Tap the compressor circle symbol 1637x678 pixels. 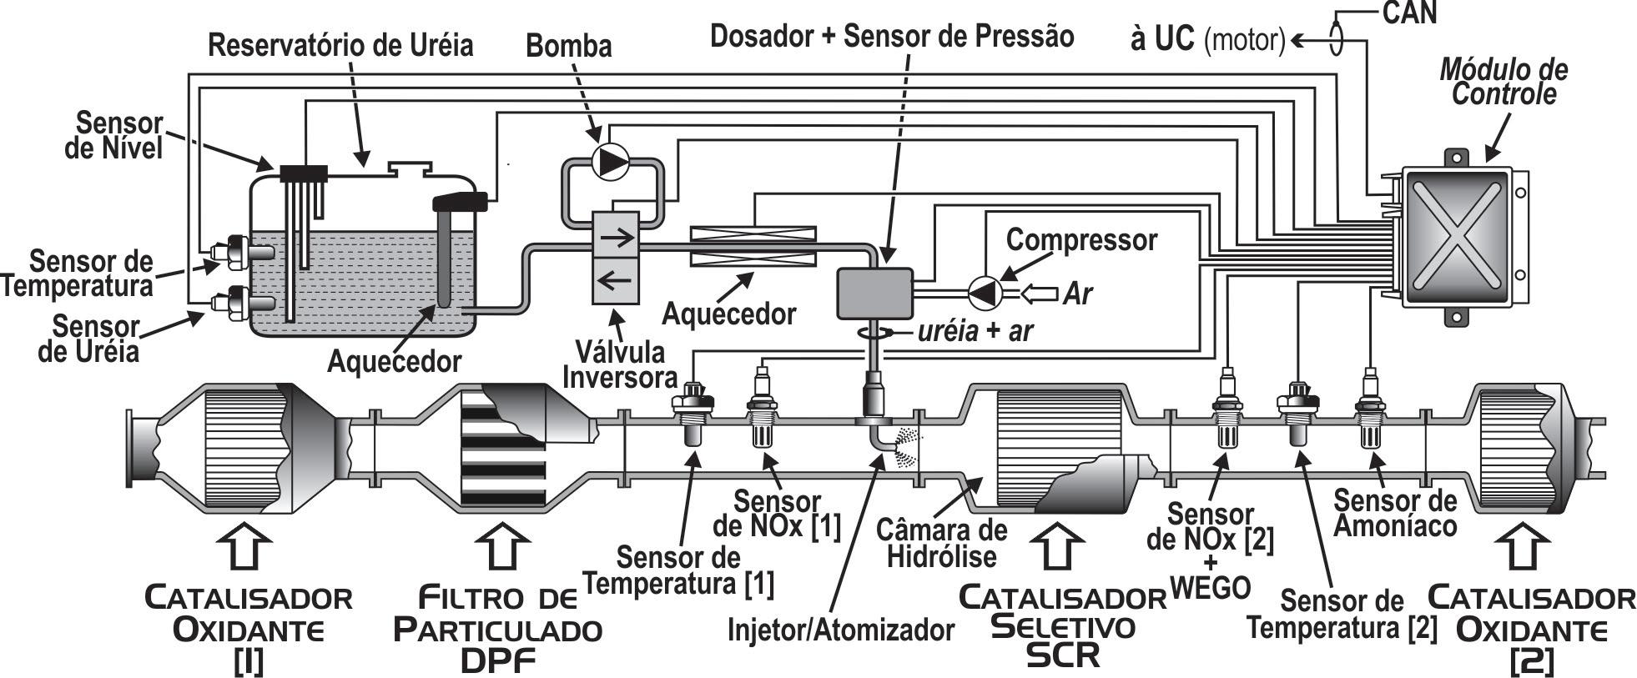coord(985,292)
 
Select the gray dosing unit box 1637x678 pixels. coord(874,293)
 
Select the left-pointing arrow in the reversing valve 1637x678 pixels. coord(616,280)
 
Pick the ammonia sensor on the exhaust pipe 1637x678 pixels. coord(1368,409)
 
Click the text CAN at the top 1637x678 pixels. coord(1409,13)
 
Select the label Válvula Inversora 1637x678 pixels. coord(619,364)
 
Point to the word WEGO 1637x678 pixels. coord(1210,588)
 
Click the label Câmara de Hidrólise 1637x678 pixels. coord(941,542)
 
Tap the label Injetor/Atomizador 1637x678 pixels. coord(840,629)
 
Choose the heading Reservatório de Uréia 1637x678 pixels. coord(340,45)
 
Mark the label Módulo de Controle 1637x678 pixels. coord(1504,82)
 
